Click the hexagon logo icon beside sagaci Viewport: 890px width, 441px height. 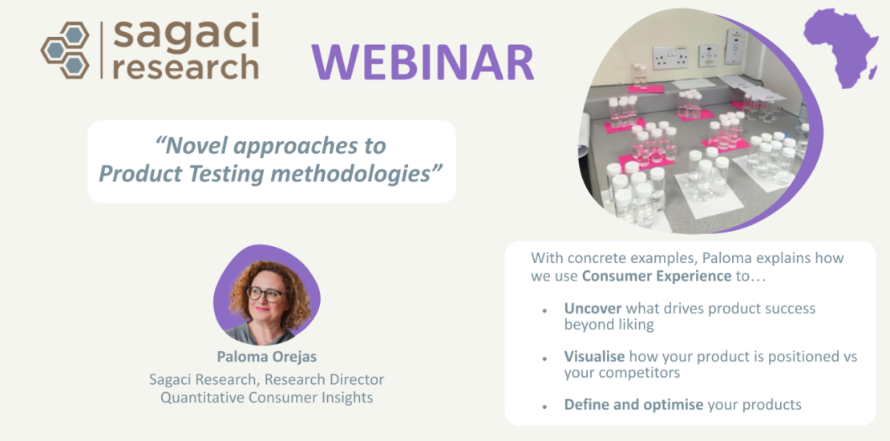point(65,50)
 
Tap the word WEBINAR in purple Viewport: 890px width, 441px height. point(423,62)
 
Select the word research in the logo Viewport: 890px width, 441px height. point(186,67)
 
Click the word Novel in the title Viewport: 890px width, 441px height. point(192,146)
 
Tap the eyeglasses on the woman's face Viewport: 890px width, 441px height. point(265,293)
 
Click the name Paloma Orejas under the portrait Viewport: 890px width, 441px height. point(266,357)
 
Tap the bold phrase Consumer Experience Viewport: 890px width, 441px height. point(657,277)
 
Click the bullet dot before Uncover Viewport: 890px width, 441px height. point(545,311)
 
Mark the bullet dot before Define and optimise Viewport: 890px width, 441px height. point(545,407)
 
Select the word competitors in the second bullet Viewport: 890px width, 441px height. point(637,374)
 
